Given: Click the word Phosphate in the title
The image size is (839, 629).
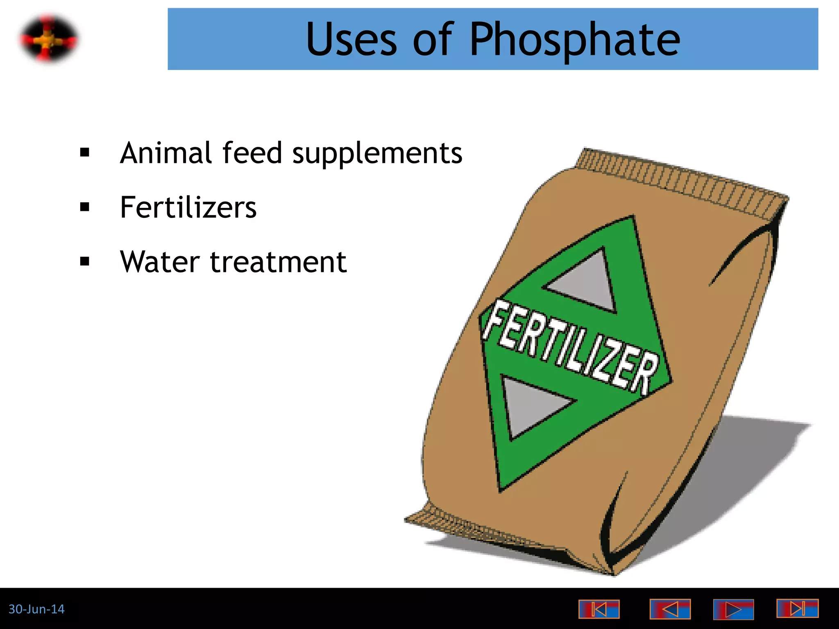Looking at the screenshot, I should [x=574, y=39].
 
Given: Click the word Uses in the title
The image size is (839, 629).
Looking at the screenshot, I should [x=351, y=39].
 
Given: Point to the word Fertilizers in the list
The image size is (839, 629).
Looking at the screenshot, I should [x=188, y=208].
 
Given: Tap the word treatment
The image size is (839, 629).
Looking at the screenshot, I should [x=278, y=262].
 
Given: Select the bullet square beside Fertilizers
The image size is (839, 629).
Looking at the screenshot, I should [x=85, y=208].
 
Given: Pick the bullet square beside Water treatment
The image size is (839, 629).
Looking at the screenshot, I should [x=85, y=262].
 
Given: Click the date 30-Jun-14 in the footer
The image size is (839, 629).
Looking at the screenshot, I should [x=36, y=609].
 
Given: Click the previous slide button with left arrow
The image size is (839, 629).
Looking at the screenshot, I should [x=670, y=609].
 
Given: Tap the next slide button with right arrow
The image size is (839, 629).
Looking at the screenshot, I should [x=733, y=609].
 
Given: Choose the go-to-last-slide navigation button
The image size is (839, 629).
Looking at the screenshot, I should [x=797, y=609].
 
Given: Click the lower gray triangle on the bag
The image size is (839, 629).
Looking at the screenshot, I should [x=528, y=405].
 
